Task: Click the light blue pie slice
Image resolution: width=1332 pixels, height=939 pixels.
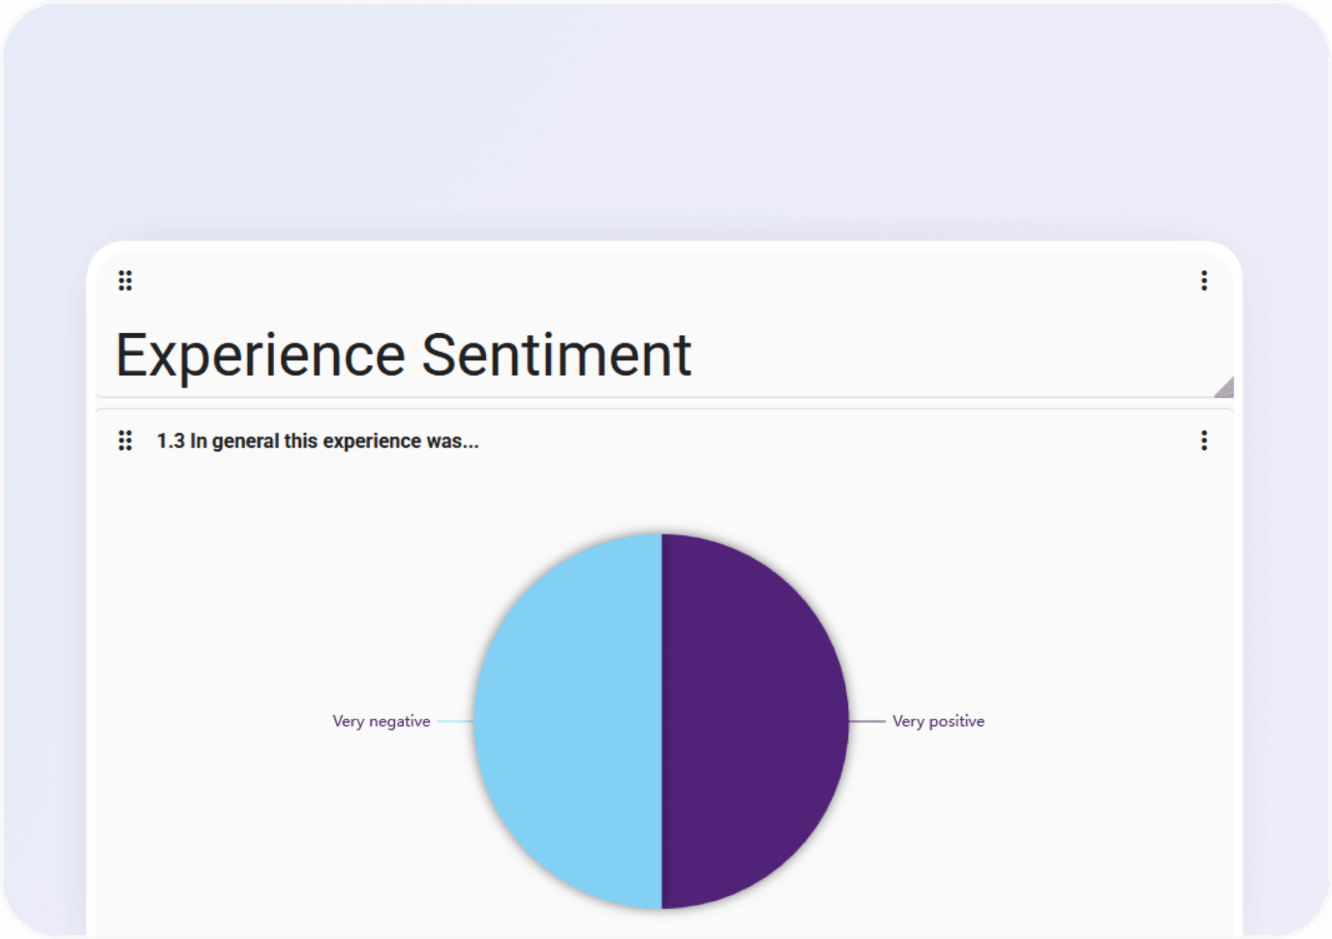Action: click(x=568, y=721)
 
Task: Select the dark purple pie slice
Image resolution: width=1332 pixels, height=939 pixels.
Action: click(x=755, y=721)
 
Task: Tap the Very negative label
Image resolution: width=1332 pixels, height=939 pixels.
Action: click(x=381, y=721)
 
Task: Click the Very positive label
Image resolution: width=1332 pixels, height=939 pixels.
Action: click(x=938, y=721)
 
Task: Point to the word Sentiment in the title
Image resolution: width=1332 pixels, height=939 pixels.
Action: click(x=556, y=355)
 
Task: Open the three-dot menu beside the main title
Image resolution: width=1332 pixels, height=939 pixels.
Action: click(x=1204, y=280)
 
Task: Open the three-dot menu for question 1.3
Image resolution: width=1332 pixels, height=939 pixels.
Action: click(x=1204, y=441)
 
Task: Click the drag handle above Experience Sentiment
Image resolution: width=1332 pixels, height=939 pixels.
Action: click(x=125, y=280)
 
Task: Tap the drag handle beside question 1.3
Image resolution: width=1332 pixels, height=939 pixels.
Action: click(x=125, y=441)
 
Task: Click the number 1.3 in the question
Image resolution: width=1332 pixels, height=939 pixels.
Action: click(x=170, y=441)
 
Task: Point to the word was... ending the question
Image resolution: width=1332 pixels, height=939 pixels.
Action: click(x=453, y=442)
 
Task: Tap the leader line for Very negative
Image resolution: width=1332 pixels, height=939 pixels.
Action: click(x=456, y=721)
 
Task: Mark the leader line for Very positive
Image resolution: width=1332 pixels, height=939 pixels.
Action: click(x=867, y=721)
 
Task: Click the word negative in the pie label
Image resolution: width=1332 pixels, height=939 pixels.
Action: click(x=400, y=722)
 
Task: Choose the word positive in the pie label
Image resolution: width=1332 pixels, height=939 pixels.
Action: click(x=957, y=721)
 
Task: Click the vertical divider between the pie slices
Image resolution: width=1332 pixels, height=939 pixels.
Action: click(x=662, y=721)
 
